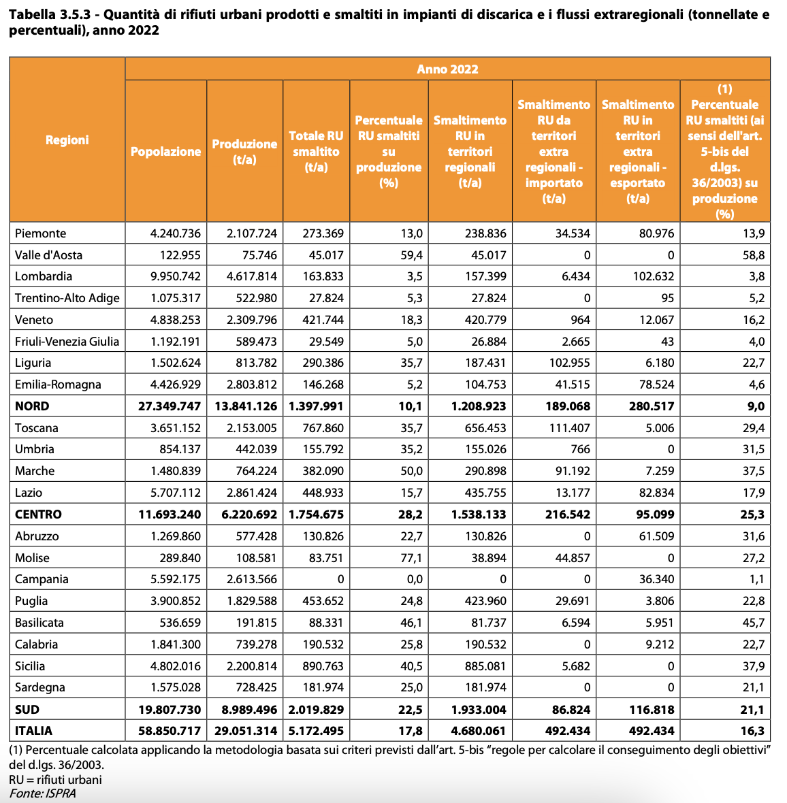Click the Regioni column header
click(x=67, y=140)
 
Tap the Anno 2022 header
click(x=447, y=69)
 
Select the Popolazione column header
click(x=165, y=152)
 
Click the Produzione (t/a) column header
click(x=244, y=152)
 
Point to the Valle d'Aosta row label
click(x=48, y=255)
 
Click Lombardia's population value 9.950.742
click(x=175, y=276)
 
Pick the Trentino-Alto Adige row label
click(x=67, y=298)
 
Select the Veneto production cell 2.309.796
click(x=252, y=320)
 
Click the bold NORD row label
click(x=32, y=406)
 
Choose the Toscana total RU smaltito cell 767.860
click(x=323, y=428)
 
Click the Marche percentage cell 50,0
click(x=411, y=471)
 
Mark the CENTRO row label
click(x=38, y=514)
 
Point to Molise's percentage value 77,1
click(x=411, y=558)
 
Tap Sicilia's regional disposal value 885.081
click(x=485, y=666)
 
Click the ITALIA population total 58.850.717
click(x=170, y=731)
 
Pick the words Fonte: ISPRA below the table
click(x=42, y=793)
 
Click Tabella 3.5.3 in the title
click(x=50, y=14)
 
